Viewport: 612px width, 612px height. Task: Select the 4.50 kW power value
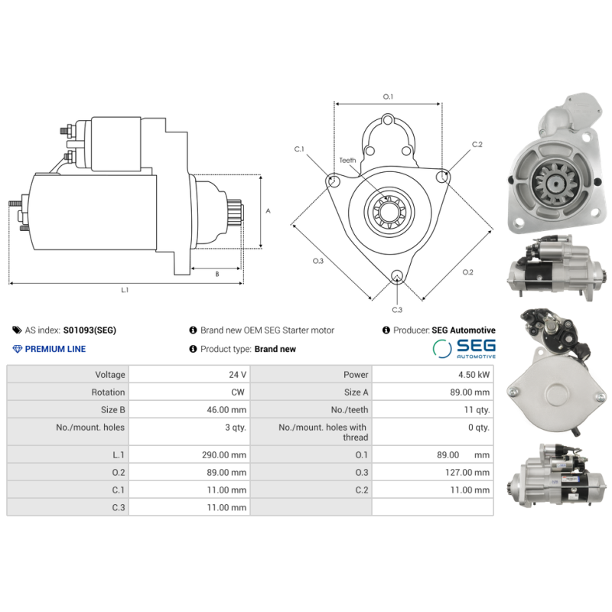pyautogui.click(x=474, y=375)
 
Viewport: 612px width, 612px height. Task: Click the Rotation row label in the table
pyautogui.click(x=108, y=392)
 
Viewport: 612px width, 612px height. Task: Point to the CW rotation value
pyautogui.click(x=239, y=392)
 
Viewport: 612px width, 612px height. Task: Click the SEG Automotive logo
pyautogui.click(x=464, y=349)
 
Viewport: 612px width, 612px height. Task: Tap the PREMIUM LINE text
pyautogui.click(x=55, y=349)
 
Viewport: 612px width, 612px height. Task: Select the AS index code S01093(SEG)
pyautogui.click(x=90, y=330)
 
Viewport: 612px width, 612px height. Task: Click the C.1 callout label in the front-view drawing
pyautogui.click(x=299, y=148)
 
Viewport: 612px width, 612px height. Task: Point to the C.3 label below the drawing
pyautogui.click(x=397, y=310)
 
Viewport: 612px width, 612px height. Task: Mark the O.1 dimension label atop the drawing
pyautogui.click(x=388, y=96)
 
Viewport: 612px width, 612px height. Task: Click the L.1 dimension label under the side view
pyautogui.click(x=125, y=290)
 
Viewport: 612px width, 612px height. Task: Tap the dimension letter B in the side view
pyautogui.click(x=216, y=273)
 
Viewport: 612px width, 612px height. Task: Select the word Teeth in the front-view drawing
pyautogui.click(x=348, y=160)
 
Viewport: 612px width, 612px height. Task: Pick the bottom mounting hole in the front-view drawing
pyautogui.click(x=396, y=277)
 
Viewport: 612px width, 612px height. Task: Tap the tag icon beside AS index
pyautogui.click(x=17, y=330)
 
